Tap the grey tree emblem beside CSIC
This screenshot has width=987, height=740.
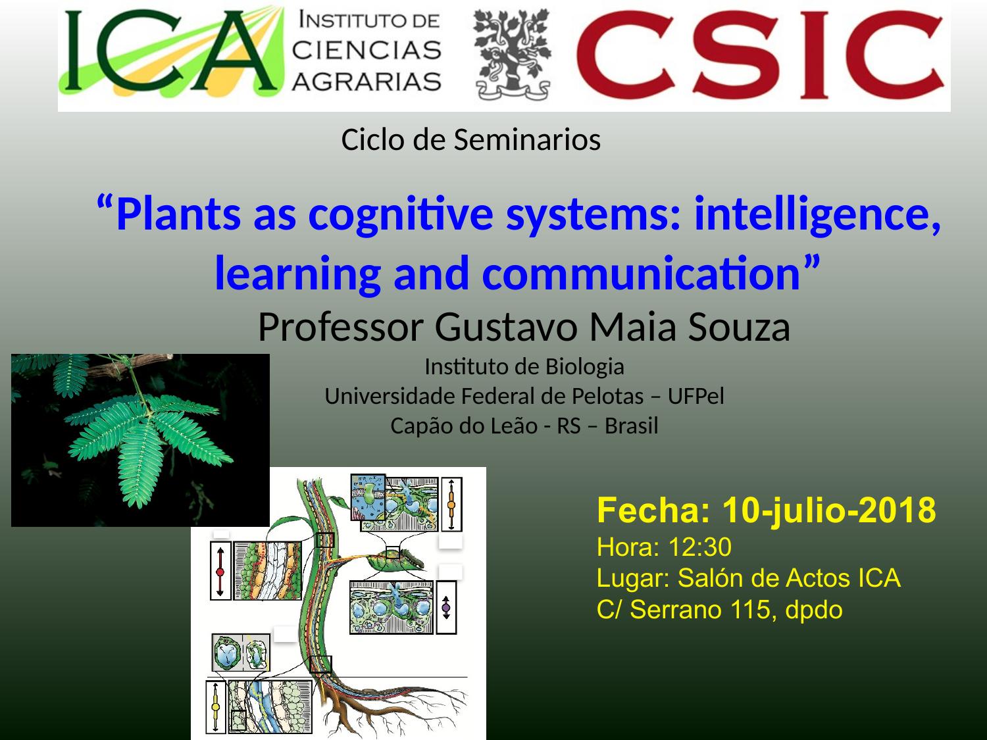click(x=513, y=55)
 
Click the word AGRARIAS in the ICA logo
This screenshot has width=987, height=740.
click(x=367, y=82)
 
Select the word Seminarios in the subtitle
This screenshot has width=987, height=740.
click(x=527, y=139)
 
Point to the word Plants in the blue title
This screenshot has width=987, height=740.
click(x=178, y=214)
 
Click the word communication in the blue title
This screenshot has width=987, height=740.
click(x=641, y=274)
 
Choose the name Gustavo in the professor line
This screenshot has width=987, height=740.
click(x=506, y=327)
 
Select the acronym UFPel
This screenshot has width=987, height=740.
click(x=696, y=396)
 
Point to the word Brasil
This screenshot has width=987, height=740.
click(x=631, y=426)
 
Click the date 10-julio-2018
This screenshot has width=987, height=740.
click(x=829, y=510)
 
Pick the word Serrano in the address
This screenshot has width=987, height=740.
click(x=676, y=610)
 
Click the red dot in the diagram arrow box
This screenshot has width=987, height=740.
click(x=220, y=572)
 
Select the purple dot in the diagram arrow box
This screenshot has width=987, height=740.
click(x=446, y=608)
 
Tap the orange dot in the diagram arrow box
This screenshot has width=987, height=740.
click(x=451, y=505)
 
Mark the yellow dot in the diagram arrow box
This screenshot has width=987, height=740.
click(x=215, y=706)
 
